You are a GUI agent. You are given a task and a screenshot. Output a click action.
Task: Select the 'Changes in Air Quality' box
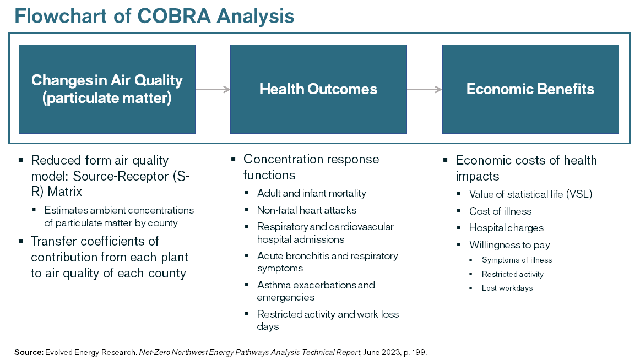click(x=107, y=89)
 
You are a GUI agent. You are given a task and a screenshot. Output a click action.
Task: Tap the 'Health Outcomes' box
click(x=318, y=89)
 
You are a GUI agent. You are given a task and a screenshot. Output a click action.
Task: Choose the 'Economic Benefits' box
click(x=530, y=89)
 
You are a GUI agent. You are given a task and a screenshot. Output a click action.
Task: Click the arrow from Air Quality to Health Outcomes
click(x=213, y=89)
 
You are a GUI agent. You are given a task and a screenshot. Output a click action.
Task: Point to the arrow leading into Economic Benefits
click(x=424, y=89)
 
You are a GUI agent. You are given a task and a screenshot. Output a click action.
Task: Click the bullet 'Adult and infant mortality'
click(x=311, y=193)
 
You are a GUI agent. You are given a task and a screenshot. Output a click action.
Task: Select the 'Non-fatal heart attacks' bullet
click(x=306, y=210)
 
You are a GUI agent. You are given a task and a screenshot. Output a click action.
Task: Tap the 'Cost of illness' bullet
click(x=500, y=211)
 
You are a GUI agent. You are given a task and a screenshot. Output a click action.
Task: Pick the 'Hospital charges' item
click(x=506, y=228)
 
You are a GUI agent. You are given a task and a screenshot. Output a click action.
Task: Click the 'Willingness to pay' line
click(x=509, y=245)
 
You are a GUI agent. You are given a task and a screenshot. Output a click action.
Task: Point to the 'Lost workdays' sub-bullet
click(x=507, y=288)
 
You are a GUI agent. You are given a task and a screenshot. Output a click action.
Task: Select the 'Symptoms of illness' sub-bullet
click(x=517, y=260)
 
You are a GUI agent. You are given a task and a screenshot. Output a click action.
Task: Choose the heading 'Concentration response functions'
click(x=311, y=167)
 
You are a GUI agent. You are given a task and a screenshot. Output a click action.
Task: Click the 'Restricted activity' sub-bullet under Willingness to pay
click(x=512, y=274)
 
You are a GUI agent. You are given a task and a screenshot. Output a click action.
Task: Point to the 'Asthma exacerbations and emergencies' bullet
click(x=316, y=291)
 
